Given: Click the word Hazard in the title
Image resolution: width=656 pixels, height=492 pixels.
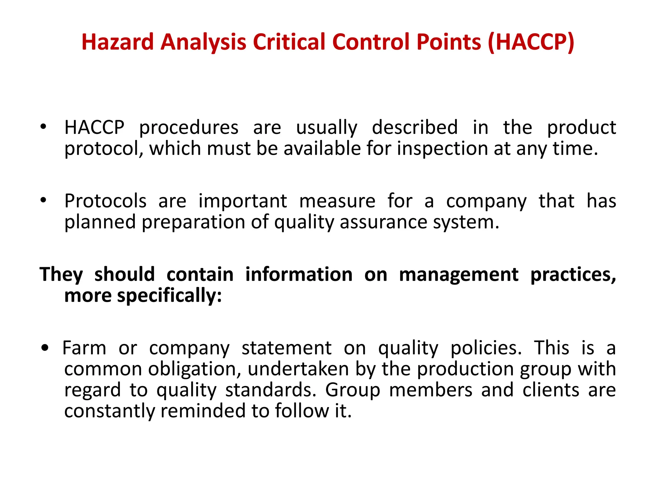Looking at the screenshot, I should click(118, 42).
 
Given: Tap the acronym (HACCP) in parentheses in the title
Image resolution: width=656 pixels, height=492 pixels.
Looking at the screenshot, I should click(531, 42).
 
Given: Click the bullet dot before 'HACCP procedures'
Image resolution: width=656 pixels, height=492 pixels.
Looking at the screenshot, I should click(43, 127).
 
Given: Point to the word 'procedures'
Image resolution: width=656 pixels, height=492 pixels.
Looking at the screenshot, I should click(189, 128).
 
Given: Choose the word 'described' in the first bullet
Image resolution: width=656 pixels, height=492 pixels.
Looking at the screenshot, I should click(415, 127).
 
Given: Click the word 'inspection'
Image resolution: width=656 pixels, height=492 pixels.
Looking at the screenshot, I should click(442, 149).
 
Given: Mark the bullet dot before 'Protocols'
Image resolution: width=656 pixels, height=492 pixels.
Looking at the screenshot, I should click(43, 200).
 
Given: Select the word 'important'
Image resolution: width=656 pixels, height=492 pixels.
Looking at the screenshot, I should click(242, 201).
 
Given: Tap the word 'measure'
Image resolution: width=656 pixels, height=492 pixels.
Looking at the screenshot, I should click(337, 201).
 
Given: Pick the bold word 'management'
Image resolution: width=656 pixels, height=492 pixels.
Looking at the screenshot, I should click(459, 275).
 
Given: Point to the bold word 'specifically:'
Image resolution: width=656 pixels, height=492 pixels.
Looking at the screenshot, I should click(169, 295).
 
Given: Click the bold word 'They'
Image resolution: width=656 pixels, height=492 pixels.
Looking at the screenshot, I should click(61, 275).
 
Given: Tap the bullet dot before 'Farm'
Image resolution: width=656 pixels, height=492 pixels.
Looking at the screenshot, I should click(45, 348).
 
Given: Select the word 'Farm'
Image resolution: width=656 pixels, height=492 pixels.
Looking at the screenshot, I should click(84, 348).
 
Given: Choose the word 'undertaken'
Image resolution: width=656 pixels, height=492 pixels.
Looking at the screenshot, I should click(298, 369).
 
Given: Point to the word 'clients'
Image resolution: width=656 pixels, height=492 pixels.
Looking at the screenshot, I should click(551, 390).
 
